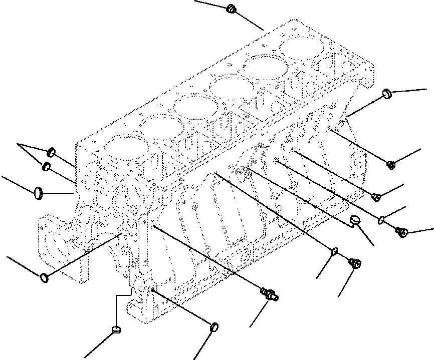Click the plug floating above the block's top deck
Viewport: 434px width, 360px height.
[231, 9]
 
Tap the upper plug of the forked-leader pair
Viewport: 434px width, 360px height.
[52, 152]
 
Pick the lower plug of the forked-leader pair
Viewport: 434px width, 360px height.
[46, 167]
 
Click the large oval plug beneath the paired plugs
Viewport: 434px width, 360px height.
[38, 192]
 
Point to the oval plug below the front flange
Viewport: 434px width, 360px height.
[44, 276]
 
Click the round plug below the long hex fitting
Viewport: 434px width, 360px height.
[213, 327]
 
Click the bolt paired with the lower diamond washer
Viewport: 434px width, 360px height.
[354, 263]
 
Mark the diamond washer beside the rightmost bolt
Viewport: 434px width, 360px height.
[382, 218]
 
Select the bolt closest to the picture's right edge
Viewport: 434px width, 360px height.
[401, 231]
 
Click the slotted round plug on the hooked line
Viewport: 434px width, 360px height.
[355, 220]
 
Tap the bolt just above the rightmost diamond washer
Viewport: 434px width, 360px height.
[377, 197]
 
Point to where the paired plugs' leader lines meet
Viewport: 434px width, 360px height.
[19, 144]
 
